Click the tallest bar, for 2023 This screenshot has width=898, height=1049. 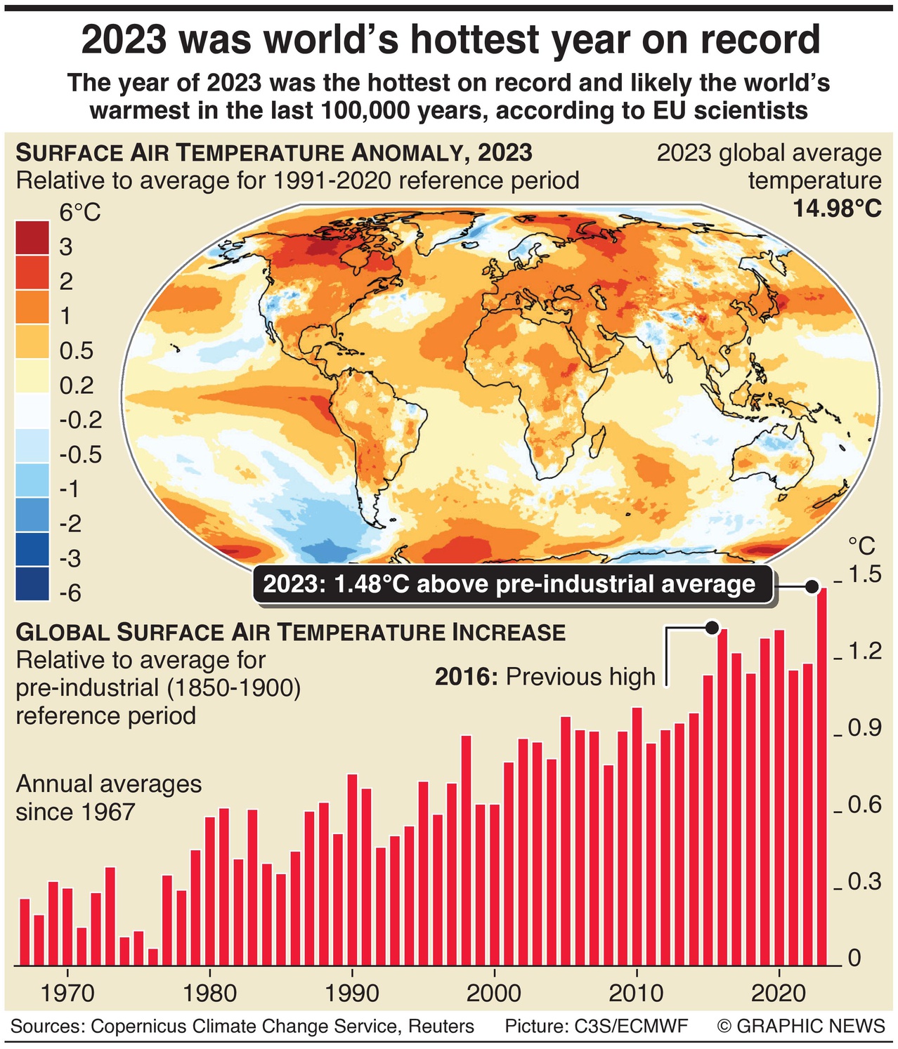click(x=821, y=776)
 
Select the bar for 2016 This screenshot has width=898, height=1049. click(x=722, y=797)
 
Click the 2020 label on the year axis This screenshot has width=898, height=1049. click(x=778, y=993)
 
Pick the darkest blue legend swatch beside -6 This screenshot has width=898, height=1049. click(x=32, y=583)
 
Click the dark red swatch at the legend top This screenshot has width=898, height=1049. click(x=32, y=237)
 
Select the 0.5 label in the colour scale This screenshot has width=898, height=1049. click(x=76, y=350)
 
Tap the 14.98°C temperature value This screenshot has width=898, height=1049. click(x=837, y=209)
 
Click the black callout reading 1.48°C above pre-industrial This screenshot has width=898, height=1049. click(x=512, y=584)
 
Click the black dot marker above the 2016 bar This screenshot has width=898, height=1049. click(x=712, y=627)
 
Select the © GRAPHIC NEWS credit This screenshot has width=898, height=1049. click(x=801, y=1027)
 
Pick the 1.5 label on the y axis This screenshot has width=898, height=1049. click(x=864, y=574)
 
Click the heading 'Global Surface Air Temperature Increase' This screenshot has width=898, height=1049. click(x=290, y=632)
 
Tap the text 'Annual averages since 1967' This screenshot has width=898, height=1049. click(x=108, y=798)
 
